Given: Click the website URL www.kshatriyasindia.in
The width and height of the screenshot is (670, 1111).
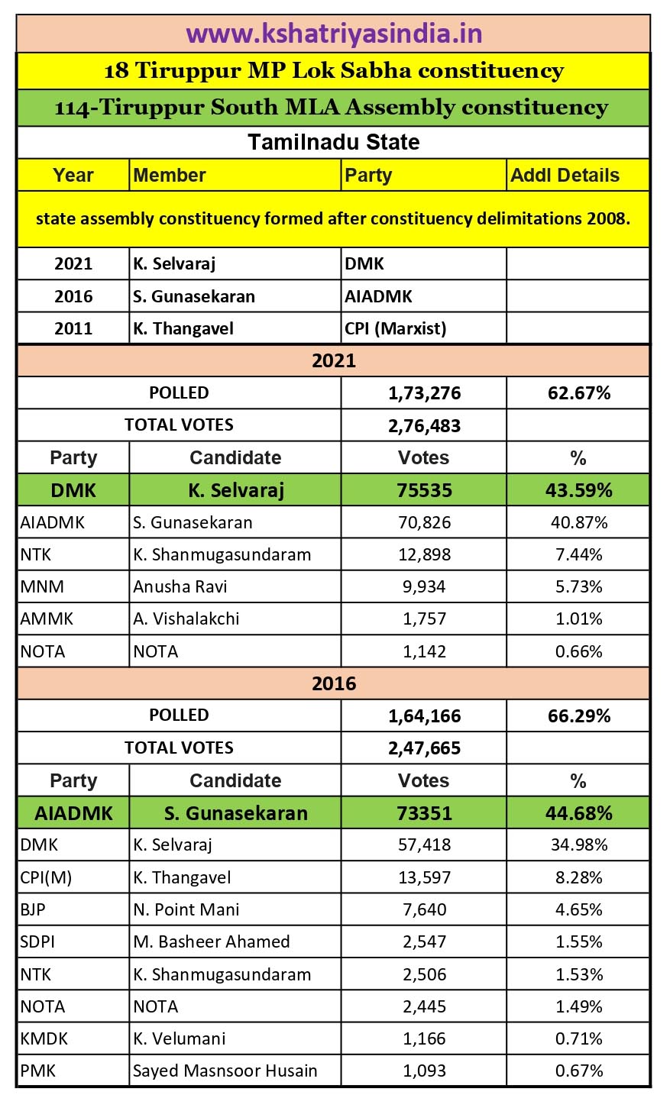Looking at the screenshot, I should point(334,34).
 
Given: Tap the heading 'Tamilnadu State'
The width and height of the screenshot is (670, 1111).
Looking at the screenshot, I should point(334,143).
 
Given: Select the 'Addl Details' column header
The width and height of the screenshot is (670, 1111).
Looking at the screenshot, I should point(565,175).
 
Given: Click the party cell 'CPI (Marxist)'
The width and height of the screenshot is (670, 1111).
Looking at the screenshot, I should point(395,328).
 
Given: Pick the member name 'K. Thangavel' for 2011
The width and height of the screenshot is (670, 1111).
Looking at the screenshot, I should point(183,328).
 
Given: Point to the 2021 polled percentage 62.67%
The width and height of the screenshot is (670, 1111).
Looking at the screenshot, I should point(578,393).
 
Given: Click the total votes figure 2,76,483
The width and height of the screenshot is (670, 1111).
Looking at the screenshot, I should point(424,425).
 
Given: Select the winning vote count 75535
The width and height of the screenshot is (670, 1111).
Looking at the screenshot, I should point(424,490).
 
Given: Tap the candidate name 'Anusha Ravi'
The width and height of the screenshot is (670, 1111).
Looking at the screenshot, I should point(180,586).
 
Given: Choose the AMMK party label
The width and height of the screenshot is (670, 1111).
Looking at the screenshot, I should point(47,618).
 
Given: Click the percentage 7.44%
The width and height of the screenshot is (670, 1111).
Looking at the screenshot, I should point(578,554).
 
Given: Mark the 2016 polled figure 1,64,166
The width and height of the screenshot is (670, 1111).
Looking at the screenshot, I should point(424,716).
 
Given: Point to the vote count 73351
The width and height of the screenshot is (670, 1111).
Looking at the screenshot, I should point(424,813).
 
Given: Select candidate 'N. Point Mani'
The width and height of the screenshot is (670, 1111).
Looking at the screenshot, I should point(186,909).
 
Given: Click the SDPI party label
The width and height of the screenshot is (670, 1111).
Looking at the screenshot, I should point(37,941).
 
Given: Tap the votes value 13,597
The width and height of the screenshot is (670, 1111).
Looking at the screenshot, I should point(424,877).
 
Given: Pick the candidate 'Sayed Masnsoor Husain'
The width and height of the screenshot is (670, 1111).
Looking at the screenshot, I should point(225,1071).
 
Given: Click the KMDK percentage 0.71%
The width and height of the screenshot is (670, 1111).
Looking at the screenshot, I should point(578,1038).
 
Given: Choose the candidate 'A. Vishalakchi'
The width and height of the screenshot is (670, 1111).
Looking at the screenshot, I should point(186,618).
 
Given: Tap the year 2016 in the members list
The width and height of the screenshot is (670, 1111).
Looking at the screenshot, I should point(73,296).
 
